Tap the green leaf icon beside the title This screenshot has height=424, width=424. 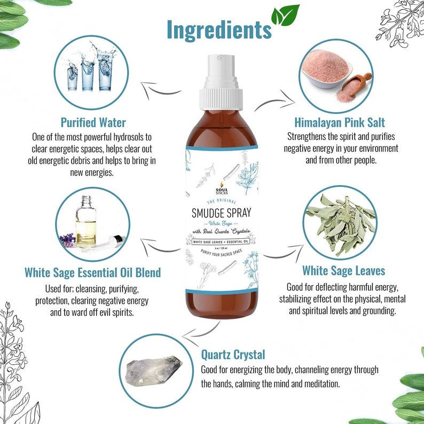point(285,16)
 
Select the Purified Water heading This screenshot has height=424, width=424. point(93,122)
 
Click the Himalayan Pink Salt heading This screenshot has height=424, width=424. point(340,122)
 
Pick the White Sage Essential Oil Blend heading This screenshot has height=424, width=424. point(92,273)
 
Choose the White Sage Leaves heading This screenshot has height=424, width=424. point(343,270)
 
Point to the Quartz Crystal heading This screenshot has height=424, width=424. point(233,354)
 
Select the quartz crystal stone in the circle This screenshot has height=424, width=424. point(153,369)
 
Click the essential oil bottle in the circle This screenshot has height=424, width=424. point(86,224)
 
